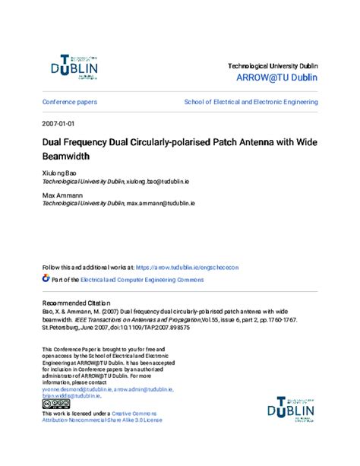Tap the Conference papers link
(x=70, y=102)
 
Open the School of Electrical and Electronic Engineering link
(x=251, y=102)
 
